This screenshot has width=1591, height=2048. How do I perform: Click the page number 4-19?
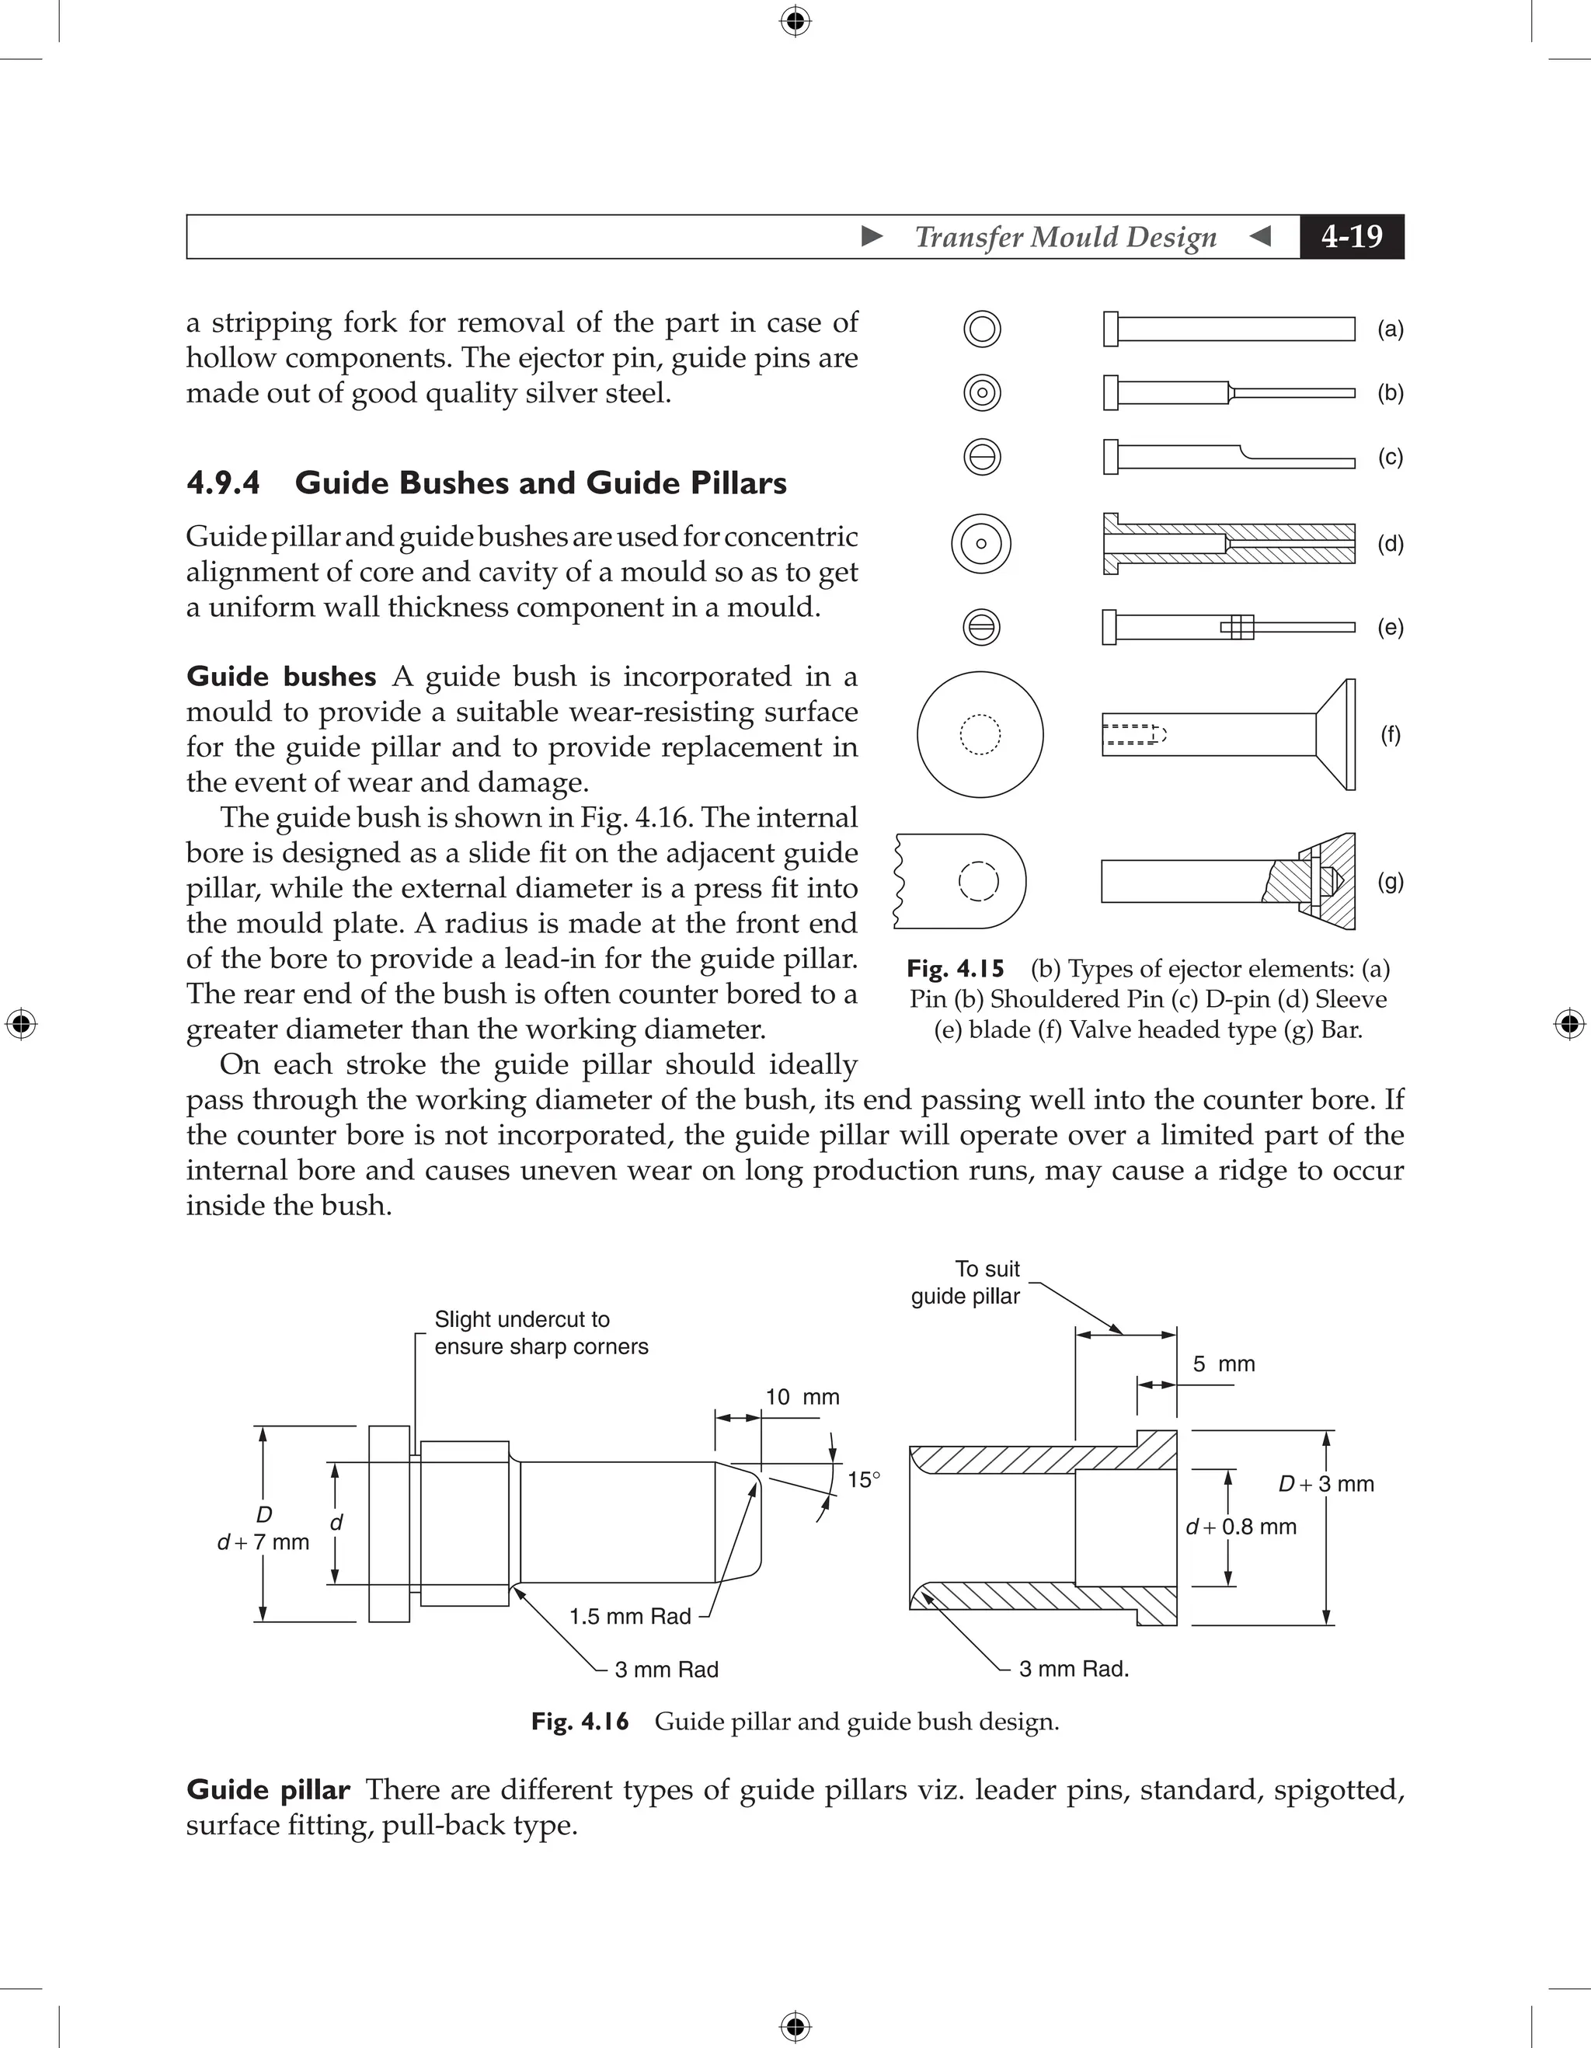point(1351,236)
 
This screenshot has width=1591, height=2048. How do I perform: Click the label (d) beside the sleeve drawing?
point(1391,544)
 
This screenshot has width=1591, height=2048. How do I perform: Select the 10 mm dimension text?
point(802,1397)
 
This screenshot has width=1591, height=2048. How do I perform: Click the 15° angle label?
point(863,1480)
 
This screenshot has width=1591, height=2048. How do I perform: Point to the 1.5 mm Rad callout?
point(630,1616)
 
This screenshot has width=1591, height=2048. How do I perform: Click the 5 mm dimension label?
point(1224,1364)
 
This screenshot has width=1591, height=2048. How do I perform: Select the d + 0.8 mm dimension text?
point(1241,1527)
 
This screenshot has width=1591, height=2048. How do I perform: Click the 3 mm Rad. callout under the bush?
point(1074,1668)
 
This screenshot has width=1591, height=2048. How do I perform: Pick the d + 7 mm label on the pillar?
point(263,1542)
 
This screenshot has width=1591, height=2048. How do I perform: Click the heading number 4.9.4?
point(223,483)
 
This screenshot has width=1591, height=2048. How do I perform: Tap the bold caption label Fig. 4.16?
point(580,1722)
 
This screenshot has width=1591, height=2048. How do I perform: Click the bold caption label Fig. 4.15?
point(956,969)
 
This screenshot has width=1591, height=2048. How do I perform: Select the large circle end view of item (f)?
point(980,734)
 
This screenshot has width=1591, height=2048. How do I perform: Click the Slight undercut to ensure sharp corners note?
point(541,1332)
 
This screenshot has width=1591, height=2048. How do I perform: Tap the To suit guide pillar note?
point(966,1283)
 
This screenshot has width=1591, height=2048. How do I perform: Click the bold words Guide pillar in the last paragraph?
point(268,1789)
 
